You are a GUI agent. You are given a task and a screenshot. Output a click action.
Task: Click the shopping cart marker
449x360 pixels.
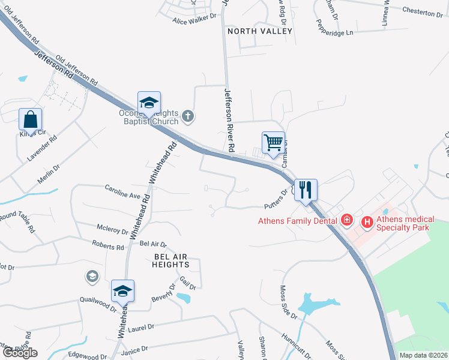click(x=273, y=143)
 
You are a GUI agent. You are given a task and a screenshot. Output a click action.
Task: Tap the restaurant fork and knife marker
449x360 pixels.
click(x=306, y=190)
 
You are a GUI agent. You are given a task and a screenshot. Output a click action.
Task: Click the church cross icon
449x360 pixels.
click(x=188, y=115)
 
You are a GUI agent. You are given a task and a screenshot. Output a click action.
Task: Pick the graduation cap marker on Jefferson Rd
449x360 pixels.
click(x=149, y=102)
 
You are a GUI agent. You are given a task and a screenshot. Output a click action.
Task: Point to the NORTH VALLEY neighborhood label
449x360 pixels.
click(x=259, y=31)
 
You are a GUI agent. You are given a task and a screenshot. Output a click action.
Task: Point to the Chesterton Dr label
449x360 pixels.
click(x=422, y=12)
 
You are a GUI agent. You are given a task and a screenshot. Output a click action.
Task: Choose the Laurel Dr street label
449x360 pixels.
click(x=142, y=328)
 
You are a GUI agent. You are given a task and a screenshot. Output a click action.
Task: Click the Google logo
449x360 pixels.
click(x=20, y=353)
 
